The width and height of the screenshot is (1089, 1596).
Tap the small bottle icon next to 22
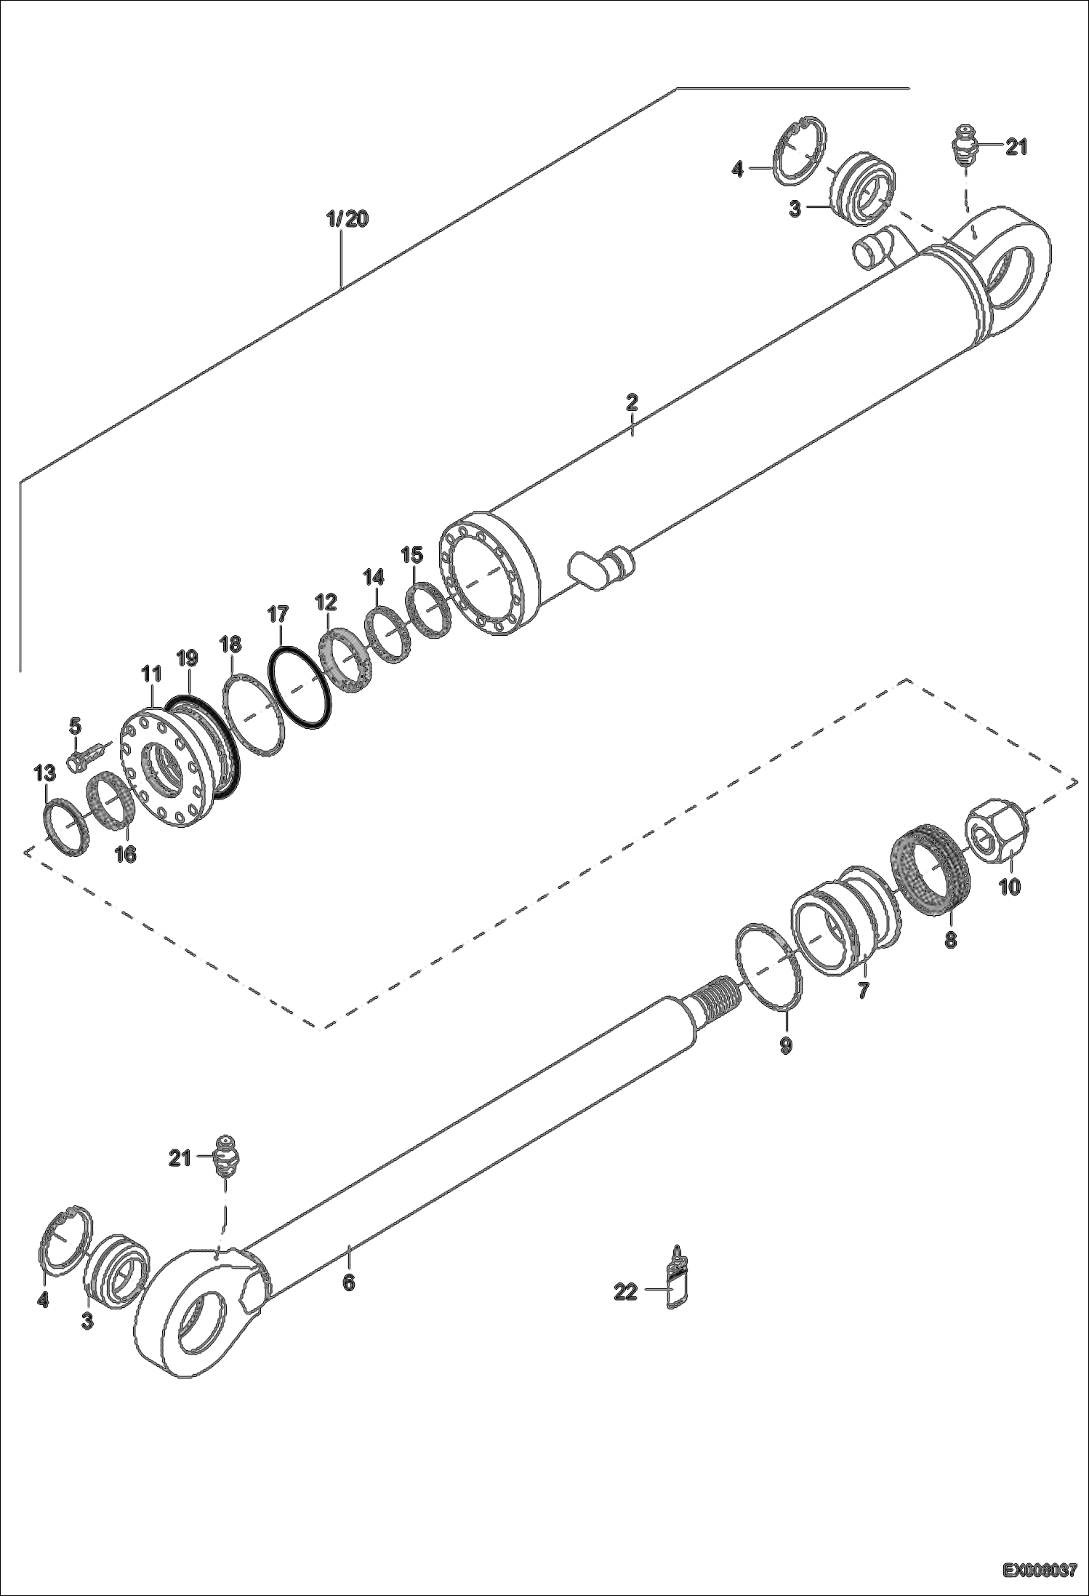coord(677,1288)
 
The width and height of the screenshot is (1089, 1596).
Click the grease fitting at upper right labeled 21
coord(965,145)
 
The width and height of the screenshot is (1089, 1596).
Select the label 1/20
coord(347,219)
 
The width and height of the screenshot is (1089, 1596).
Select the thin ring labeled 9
coord(770,965)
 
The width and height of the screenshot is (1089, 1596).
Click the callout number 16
coord(126,853)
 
